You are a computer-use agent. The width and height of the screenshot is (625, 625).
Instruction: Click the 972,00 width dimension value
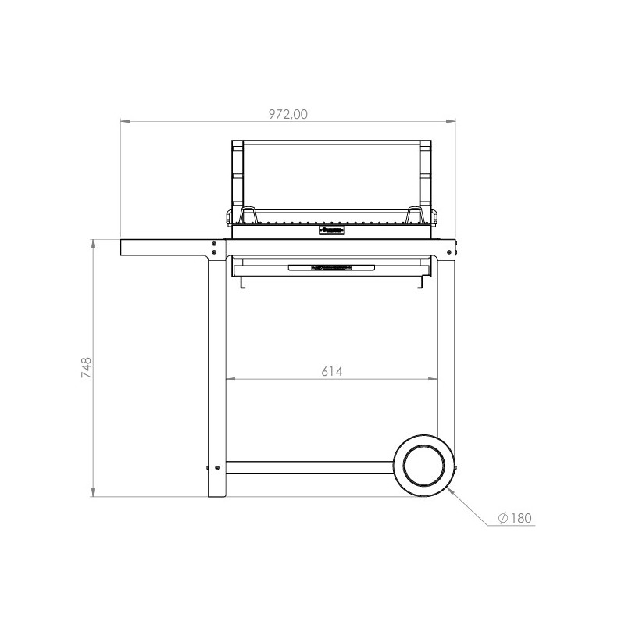click(x=287, y=114)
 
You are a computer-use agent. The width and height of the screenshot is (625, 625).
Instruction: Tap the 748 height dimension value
click(x=87, y=367)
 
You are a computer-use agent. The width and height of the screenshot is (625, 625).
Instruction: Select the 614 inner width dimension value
click(x=331, y=372)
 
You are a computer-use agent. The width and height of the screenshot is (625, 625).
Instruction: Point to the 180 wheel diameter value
click(x=521, y=518)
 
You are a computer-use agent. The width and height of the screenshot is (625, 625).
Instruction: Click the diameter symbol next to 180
click(x=503, y=518)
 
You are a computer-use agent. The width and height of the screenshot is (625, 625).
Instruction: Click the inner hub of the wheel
click(x=423, y=466)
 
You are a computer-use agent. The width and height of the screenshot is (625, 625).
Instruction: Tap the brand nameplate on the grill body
click(x=331, y=230)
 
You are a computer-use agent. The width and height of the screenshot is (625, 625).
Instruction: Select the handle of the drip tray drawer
click(x=331, y=267)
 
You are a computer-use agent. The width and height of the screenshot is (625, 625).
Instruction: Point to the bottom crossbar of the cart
click(x=309, y=467)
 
